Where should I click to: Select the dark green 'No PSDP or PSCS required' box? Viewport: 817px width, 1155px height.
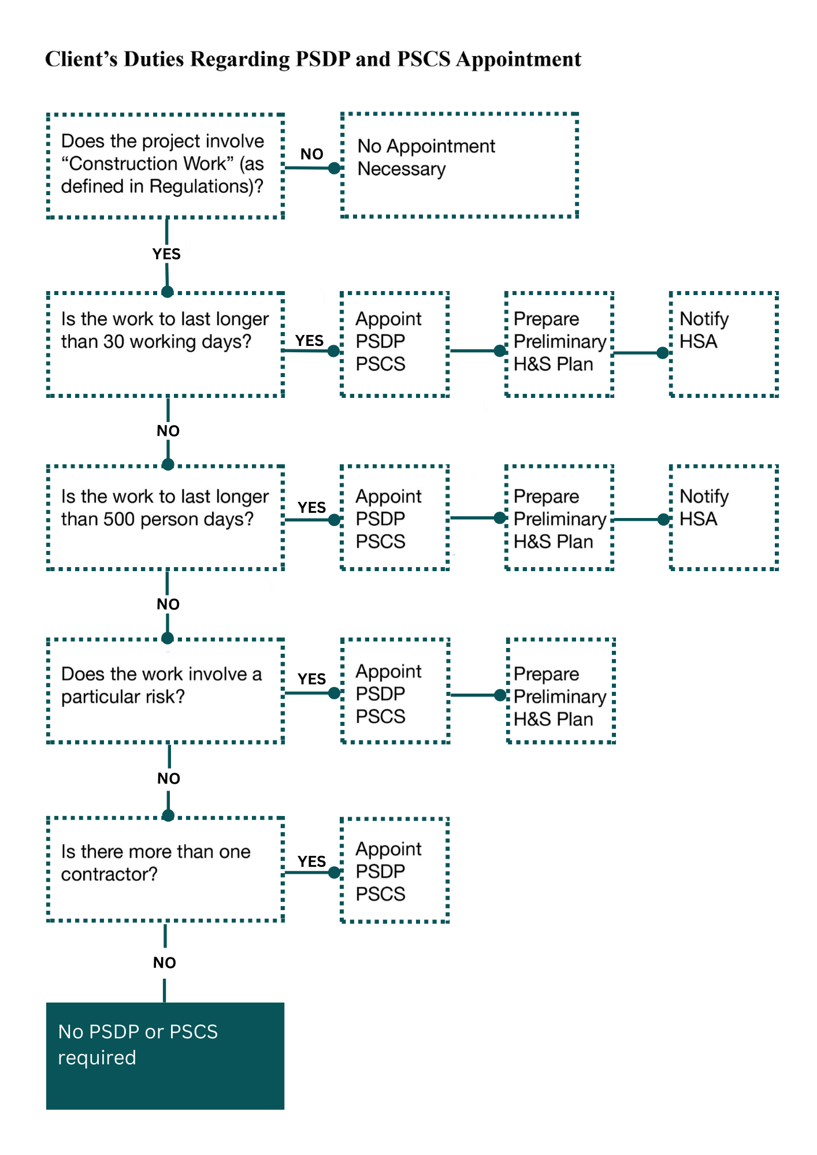[x=165, y=1056]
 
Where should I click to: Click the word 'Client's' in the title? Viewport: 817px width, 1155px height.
[x=81, y=59]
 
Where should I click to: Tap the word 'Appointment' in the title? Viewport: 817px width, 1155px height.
[x=518, y=59]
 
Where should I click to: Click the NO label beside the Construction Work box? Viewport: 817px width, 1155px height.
[x=312, y=154]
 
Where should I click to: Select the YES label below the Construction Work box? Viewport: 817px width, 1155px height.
[x=166, y=254]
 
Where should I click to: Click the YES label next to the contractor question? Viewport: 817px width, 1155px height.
[x=312, y=862]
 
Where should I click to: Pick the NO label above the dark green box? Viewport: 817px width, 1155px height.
[x=165, y=963]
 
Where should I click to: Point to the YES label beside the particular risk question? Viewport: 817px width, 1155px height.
[x=312, y=679]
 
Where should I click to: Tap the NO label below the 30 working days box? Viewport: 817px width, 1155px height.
[x=168, y=431]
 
